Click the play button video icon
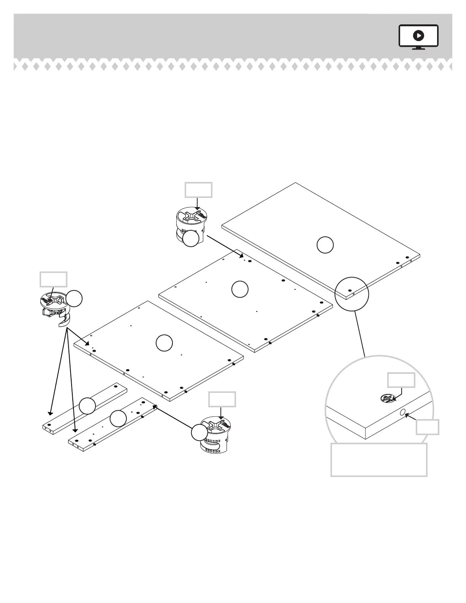point(418,36)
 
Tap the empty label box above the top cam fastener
point(198,190)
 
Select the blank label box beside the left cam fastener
point(54,279)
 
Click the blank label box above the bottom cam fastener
point(222,399)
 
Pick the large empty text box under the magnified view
point(379,459)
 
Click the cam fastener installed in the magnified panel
point(386,399)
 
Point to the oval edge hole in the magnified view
point(403,412)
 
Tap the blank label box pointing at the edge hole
point(427,427)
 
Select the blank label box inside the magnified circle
point(401,380)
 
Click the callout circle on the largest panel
point(325,245)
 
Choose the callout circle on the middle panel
point(240,289)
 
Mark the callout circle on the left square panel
point(164,343)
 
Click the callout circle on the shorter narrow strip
point(88,406)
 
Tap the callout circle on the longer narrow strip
point(118,419)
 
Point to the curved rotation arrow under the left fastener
point(64,320)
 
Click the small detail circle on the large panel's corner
point(352,294)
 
